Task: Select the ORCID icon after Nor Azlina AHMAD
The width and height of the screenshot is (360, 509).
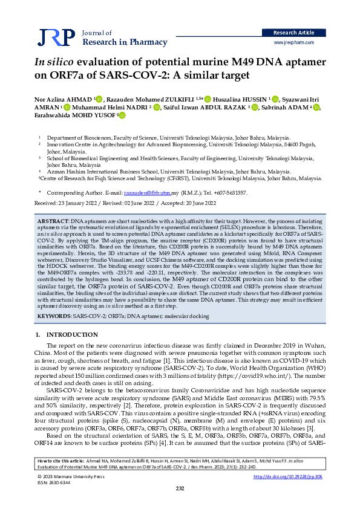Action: click(x=99, y=99)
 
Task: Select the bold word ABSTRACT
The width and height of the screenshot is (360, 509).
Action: click(x=53, y=222)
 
